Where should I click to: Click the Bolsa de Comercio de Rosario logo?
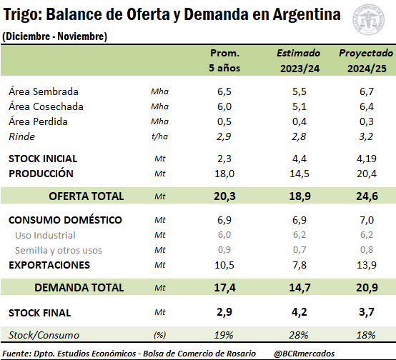coord(368,19)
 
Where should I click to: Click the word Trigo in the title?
coord(22,15)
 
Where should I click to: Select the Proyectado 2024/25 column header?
coord(366,61)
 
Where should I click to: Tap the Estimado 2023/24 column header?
coord(299,61)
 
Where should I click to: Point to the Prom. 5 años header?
coord(224,61)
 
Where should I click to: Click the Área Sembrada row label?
coord(44,91)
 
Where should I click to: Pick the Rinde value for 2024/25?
coord(366,136)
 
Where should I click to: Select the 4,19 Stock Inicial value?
coord(367,159)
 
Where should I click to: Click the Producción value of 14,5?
coord(300,174)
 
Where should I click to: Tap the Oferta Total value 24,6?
coord(367,196)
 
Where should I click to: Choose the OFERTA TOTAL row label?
coord(86,196)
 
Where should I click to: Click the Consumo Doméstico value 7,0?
coord(367,220)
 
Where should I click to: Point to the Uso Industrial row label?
coord(45,235)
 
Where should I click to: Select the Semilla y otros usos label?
coord(59,250)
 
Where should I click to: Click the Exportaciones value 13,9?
coord(367,265)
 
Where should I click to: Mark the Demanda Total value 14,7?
coord(300,288)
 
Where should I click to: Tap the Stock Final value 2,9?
coord(224,312)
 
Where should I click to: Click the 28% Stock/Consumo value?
coord(299,335)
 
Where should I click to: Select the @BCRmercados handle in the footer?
coord(305,354)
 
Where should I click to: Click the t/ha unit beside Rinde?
coord(159,136)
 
